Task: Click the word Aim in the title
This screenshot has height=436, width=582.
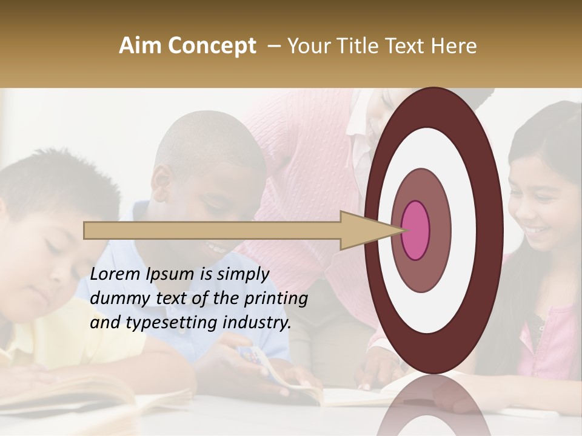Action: pyautogui.click(x=139, y=46)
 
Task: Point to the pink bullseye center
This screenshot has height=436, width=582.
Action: pyautogui.click(x=415, y=230)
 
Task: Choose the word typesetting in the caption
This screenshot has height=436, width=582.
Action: pyautogui.click(x=159, y=323)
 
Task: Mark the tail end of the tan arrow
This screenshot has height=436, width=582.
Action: pyautogui.click(x=85, y=230)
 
